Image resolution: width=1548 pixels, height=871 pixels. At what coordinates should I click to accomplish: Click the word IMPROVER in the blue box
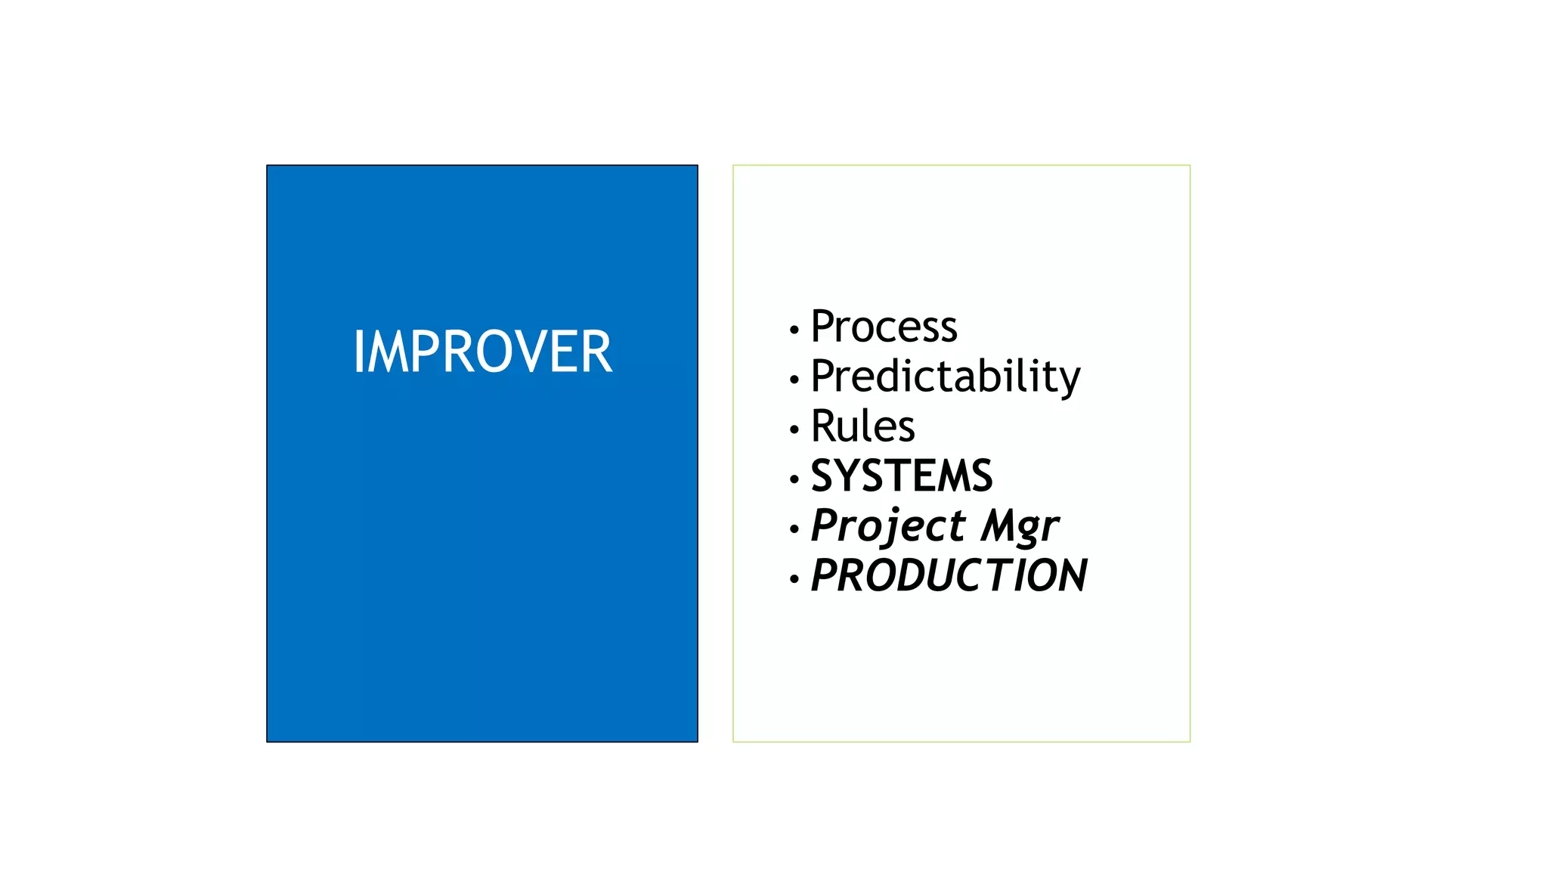click(482, 352)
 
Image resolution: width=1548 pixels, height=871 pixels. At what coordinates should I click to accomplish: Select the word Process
click(884, 327)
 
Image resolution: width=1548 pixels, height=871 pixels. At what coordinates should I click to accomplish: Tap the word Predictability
click(945, 377)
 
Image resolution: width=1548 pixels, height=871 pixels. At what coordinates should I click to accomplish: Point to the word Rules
click(862, 426)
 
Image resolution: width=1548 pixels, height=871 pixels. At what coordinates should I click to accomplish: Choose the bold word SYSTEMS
click(901, 476)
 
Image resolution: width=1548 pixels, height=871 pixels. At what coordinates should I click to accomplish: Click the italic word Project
click(888, 525)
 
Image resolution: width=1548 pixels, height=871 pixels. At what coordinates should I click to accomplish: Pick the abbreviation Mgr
click(1020, 525)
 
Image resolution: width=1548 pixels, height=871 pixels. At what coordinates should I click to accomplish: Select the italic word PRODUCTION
click(949, 575)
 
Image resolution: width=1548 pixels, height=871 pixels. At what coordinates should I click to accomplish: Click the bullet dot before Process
click(794, 330)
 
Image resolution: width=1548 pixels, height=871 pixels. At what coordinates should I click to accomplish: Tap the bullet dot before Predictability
click(794, 380)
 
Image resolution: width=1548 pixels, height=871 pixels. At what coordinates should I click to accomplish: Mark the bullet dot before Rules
click(794, 429)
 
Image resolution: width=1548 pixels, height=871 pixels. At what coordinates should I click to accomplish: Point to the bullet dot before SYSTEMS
click(794, 479)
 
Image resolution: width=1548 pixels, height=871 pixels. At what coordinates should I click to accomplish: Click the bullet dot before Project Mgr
click(794, 529)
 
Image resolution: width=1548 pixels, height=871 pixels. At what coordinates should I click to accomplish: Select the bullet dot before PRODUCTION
click(794, 579)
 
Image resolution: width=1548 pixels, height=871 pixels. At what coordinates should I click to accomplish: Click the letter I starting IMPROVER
click(359, 352)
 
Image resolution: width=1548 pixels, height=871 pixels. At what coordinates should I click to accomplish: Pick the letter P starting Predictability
click(823, 376)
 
